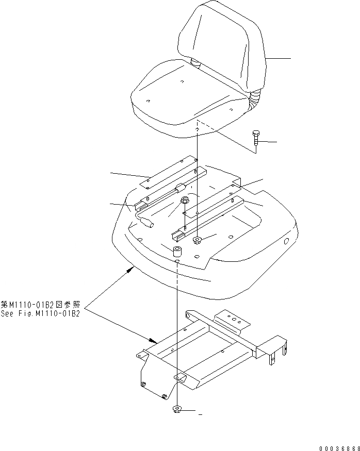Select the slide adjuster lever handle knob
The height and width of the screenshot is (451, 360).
pyautogui.click(x=146, y=223)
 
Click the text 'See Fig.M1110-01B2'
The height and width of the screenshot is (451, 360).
pyautogui.click(x=41, y=314)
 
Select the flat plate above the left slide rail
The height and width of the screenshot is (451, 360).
pyautogui.click(x=168, y=173)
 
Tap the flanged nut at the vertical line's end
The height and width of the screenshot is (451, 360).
pyautogui.click(x=197, y=240)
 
